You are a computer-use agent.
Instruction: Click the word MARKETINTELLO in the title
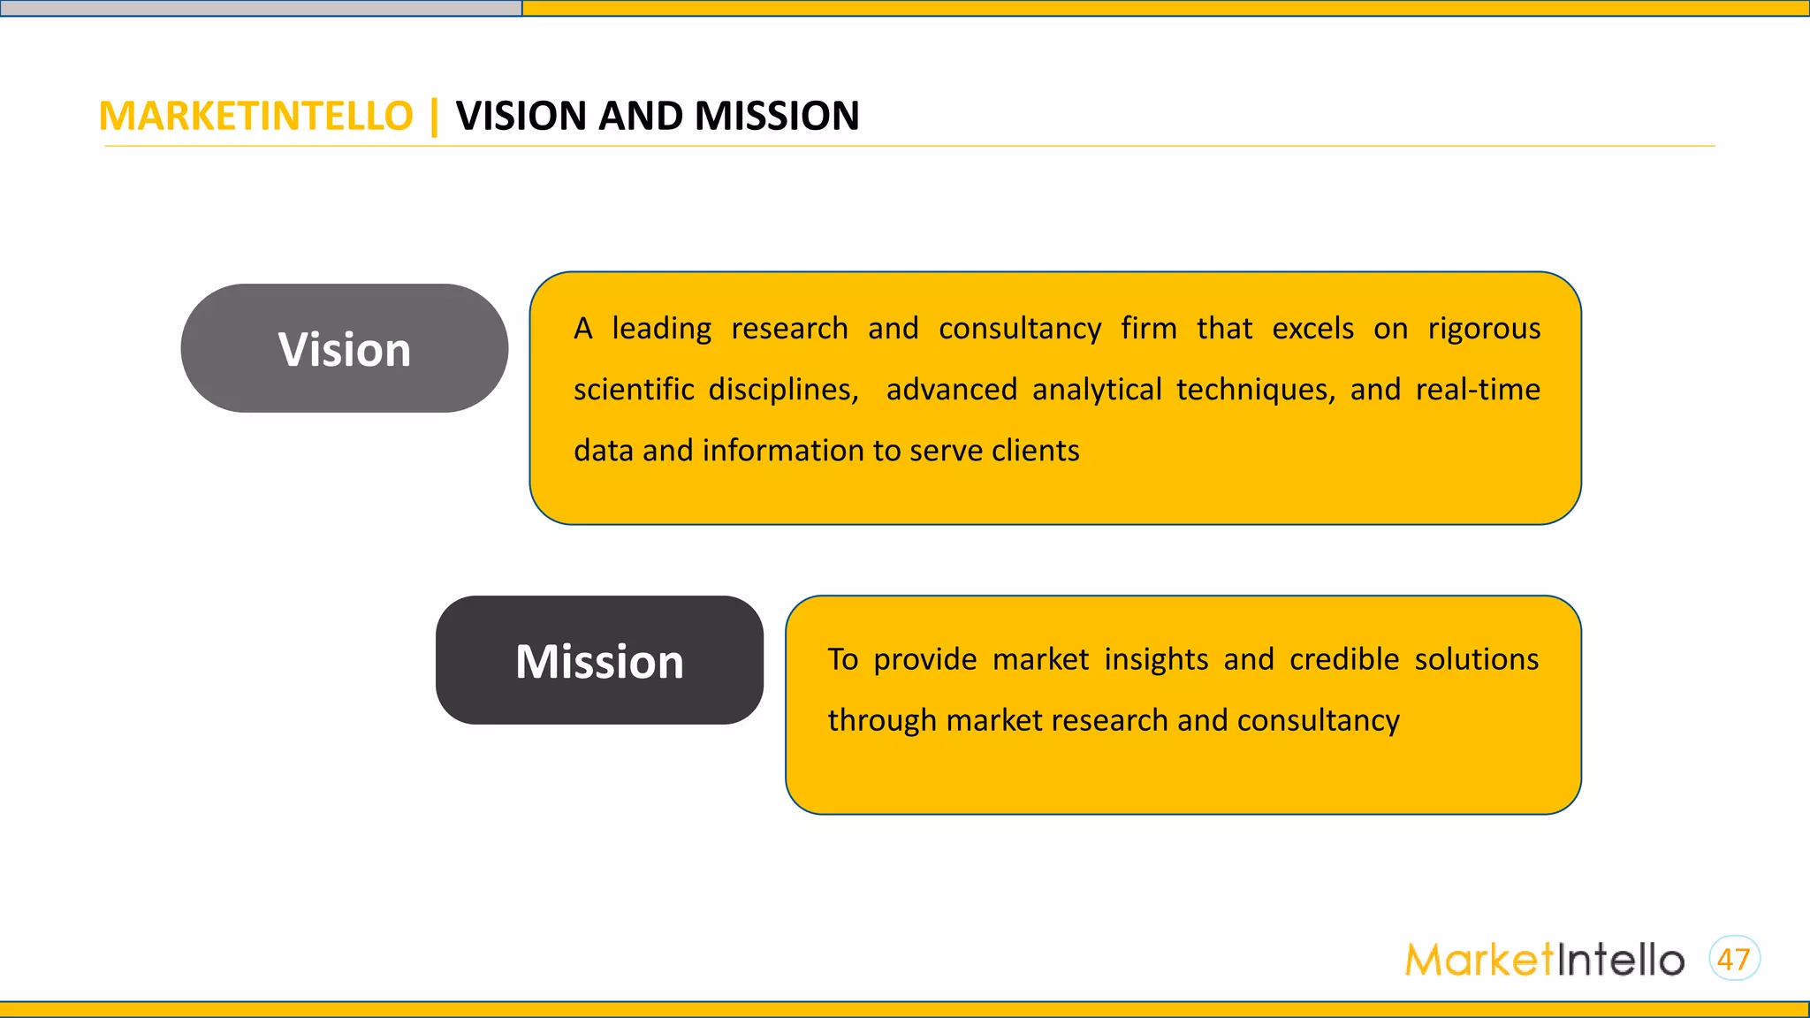[x=255, y=117]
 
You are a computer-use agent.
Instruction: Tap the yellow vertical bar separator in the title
[x=434, y=117]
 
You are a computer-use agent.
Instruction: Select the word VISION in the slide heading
[x=521, y=117]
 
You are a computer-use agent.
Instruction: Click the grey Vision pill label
[x=344, y=348]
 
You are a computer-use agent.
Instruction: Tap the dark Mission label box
[x=599, y=661]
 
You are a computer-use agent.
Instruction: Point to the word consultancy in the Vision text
[x=1020, y=329]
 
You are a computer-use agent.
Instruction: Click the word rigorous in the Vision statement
[x=1484, y=329]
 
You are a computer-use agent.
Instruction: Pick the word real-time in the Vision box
[x=1478, y=390]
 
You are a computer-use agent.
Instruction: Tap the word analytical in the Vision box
[x=1097, y=390]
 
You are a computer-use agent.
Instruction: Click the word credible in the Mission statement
[x=1344, y=659]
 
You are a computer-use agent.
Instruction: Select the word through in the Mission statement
[x=881, y=720]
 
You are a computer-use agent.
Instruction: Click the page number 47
[x=1734, y=959]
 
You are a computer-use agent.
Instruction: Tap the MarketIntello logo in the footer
[x=1544, y=960]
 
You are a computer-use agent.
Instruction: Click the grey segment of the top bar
[x=261, y=8]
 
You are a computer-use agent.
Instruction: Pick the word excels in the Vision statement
[x=1312, y=329]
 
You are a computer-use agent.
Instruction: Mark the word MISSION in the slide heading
[x=777, y=117]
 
